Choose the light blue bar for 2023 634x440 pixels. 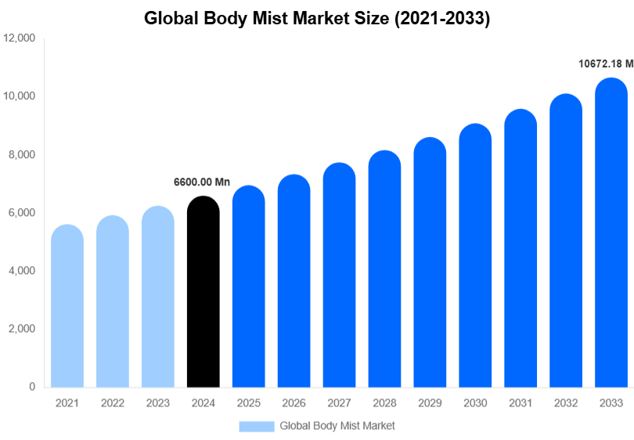coord(158,297)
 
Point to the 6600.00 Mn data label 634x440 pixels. coord(201,182)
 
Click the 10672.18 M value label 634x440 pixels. coord(605,64)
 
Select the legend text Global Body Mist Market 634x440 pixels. coord(337,426)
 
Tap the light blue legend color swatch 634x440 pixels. coord(257,426)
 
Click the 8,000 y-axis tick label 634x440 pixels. coord(22,155)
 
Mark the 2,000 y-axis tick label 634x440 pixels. coord(22,329)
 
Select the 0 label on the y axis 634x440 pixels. coord(31,387)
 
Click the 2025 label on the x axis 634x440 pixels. coord(249,402)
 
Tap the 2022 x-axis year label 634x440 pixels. coord(113,402)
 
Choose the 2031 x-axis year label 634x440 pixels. coord(521,402)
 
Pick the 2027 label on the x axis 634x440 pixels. coord(339,402)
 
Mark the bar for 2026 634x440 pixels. coord(294,281)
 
